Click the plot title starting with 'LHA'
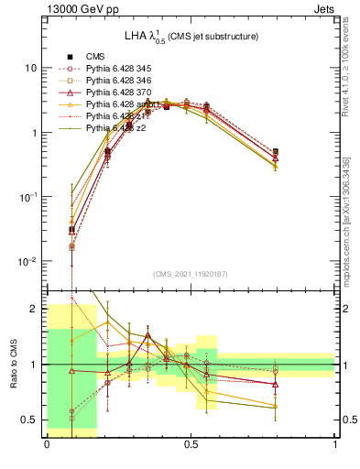[x=191, y=36]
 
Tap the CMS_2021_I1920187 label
[x=191, y=274]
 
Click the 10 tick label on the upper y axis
[x=30, y=69]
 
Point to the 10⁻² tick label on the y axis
[x=28, y=261]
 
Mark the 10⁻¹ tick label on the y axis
[x=28, y=197]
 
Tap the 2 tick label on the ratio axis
[x=36, y=309]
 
